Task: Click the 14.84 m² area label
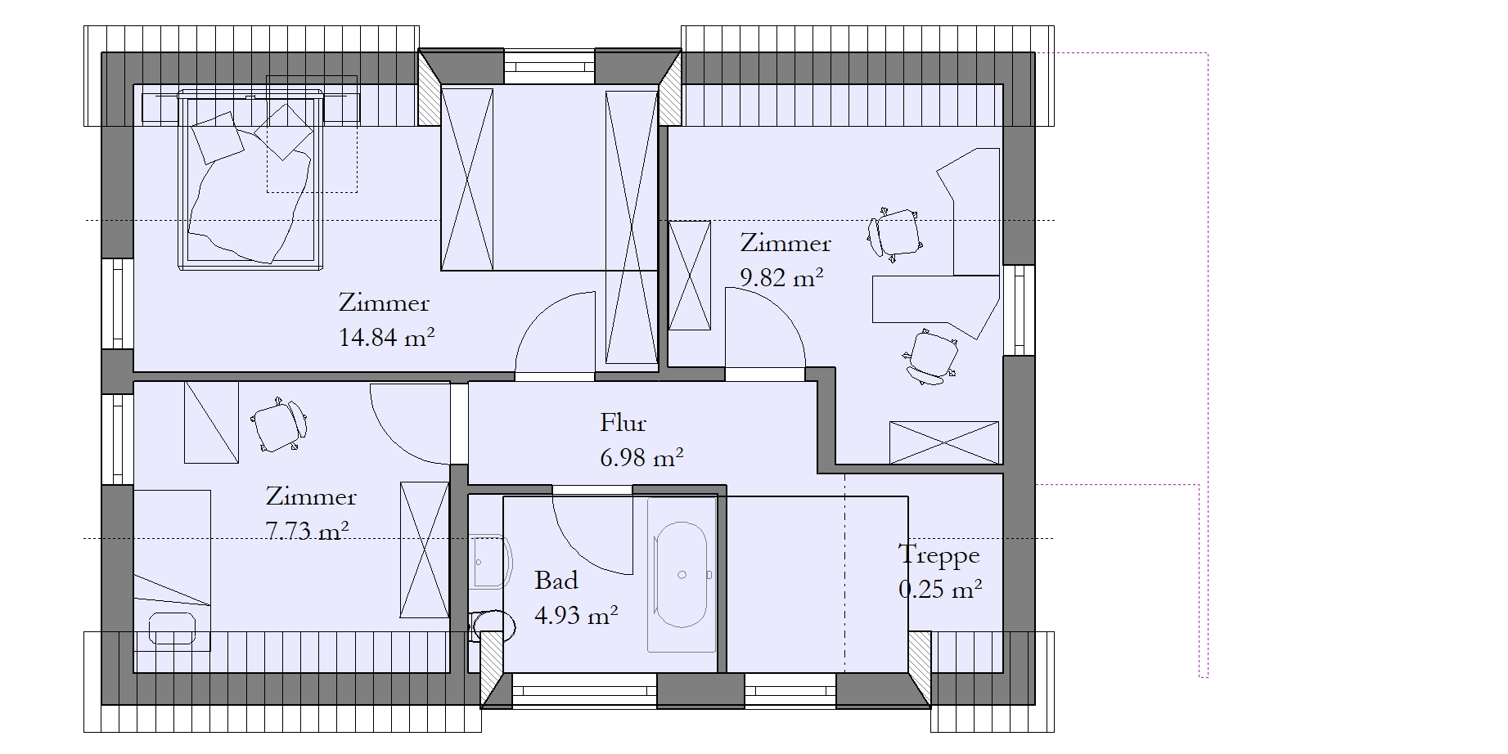(386, 337)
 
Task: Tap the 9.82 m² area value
(781, 277)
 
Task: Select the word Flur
(623, 423)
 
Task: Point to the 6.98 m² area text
(641, 457)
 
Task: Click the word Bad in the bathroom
(556, 581)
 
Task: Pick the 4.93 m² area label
(576, 614)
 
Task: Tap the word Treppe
(939, 556)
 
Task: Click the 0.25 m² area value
(940, 589)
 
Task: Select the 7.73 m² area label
(308, 531)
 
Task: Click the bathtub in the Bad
(682, 575)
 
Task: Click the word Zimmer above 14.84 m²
(384, 303)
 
